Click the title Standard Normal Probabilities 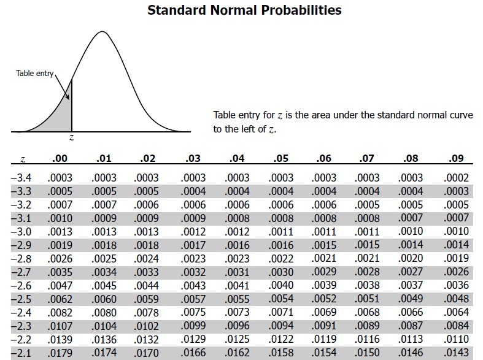click(244, 10)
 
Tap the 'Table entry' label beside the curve click(36, 74)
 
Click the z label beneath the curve click(72, 139)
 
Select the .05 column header click(280, 158)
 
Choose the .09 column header click(456, 158)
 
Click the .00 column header click(60, 158)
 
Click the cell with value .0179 click(60, 353)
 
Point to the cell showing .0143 click(456, 353)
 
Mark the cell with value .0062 click(60, 299)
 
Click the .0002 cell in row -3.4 click(456, 178)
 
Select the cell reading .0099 click(193, 326)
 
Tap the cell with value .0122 click(280, 339)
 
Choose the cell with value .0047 click(60, 286)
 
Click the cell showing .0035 click(60, 272)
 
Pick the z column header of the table click(22, 159)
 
